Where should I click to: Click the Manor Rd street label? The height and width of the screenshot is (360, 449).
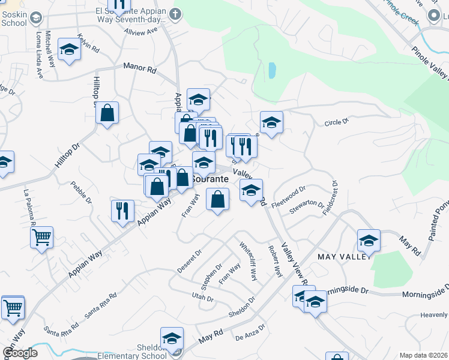pos(140,70)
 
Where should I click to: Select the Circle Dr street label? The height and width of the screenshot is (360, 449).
pos(336,122)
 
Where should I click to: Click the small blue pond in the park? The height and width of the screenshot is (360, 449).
pos(272,71)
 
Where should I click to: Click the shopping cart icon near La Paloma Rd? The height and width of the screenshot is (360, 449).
pos(41,238)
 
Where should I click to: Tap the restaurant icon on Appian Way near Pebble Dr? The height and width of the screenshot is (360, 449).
pos(122,210)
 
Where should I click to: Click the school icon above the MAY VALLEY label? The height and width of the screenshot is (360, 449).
pos(369,241)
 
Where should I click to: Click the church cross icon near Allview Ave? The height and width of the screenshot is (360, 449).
pos(175,13)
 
